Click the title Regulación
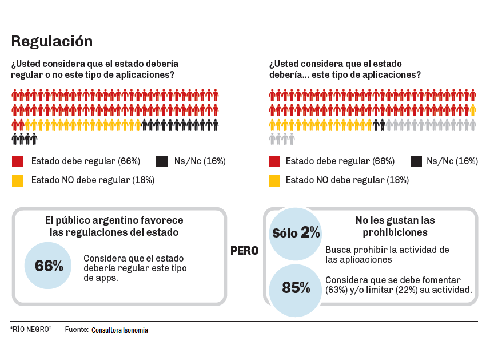51,41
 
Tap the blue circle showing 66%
48,266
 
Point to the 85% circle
296,288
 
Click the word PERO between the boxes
244,251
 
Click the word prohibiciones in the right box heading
395,232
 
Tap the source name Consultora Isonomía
119,330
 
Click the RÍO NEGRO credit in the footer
31,330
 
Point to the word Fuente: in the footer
77,330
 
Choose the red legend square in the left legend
18,161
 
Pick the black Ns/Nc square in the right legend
416,161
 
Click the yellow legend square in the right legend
274,180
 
